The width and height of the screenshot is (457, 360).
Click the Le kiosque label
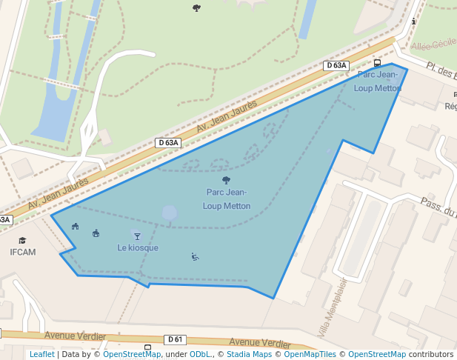click(x=138, y=247)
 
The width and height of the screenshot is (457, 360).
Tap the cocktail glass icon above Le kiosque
click(x=136, y=236)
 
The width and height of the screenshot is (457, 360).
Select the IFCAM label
click(x=22, y=252)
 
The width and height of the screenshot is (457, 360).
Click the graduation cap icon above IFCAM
click(x=22, y=241)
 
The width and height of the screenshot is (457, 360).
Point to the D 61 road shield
click(x=175, y=339)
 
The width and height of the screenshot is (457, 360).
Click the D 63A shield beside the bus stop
click(x=336, y=65)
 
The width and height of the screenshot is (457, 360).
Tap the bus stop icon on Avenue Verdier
click(x=147, y=347)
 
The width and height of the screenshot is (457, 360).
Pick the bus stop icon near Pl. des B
click(x=377, y=63)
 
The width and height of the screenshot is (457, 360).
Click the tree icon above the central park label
click(x=226, y=180)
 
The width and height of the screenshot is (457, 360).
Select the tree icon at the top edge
click(x=196, y=8)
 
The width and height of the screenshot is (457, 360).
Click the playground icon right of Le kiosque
click(x=195, y=257)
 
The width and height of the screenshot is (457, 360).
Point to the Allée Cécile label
click(x=433, y=46)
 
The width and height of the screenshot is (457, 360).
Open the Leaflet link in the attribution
click(x=41, y=354)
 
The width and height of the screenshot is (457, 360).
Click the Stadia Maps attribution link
click(x=247, y=354)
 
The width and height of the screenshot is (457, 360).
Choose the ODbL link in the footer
click(x=199, y=354)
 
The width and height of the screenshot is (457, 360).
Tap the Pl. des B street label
click(x=440, y=71)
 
